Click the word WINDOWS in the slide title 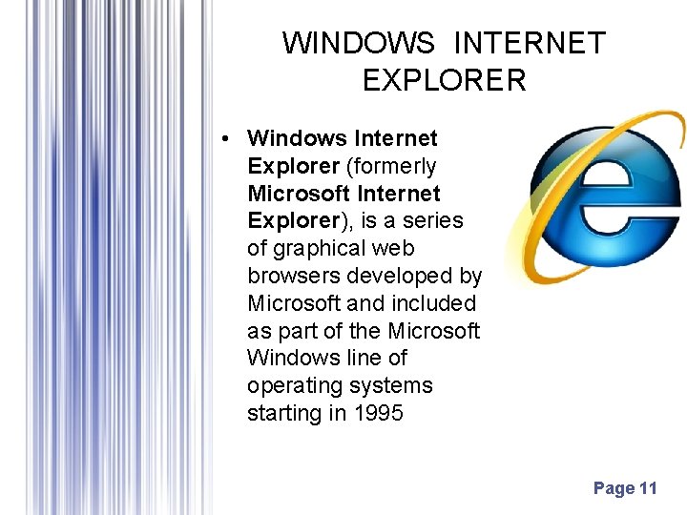click(359, 44)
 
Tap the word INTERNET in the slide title click(530, 44)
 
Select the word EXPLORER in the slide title click(444, 80)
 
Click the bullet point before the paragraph click(222, 139)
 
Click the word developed click(404, 277)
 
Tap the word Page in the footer click(614, 489)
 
